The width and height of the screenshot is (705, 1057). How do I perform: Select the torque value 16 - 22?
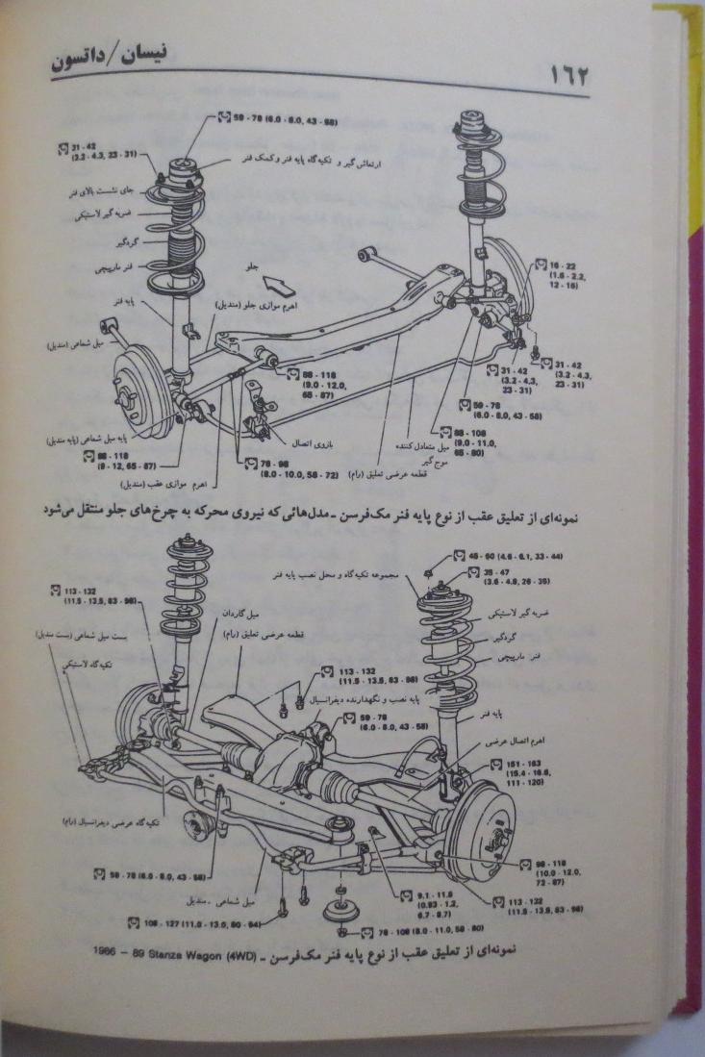(562, 264)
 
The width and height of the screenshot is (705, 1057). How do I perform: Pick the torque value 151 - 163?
(525, 764)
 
